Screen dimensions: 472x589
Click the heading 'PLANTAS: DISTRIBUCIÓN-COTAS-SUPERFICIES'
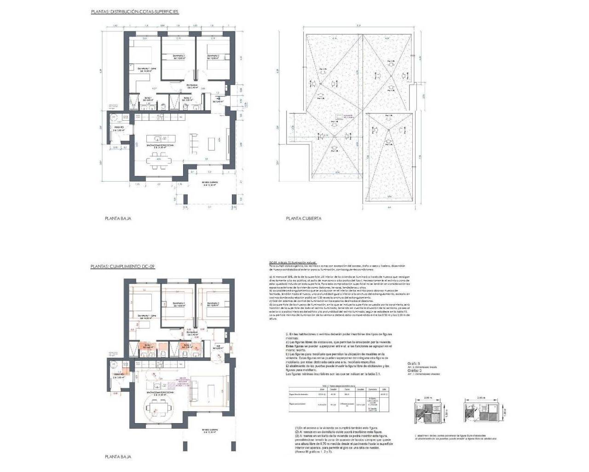134,12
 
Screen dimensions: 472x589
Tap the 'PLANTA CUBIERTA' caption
303,218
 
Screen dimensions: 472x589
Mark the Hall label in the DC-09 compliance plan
219,346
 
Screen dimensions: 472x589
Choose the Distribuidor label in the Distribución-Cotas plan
192,86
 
